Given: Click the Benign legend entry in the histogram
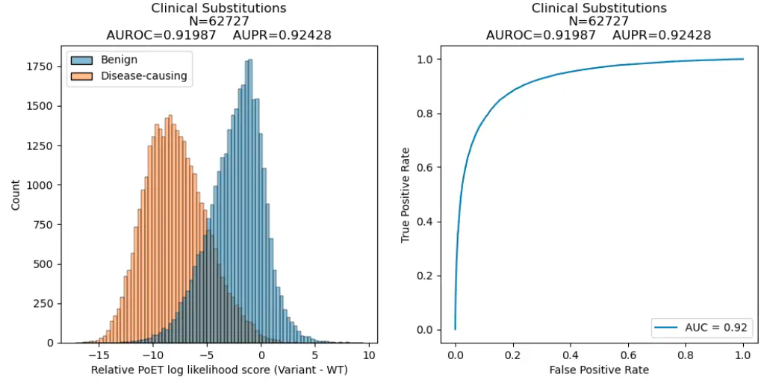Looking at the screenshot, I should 117,60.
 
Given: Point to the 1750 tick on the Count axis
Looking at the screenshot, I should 45,67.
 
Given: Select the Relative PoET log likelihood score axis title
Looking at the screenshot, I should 220,370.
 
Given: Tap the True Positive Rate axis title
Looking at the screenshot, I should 406,193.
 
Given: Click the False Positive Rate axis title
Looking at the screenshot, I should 598,370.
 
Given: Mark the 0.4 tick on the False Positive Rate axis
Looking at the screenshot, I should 570,355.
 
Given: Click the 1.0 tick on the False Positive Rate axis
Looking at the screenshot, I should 743,355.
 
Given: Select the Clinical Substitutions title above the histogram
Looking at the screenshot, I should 220,8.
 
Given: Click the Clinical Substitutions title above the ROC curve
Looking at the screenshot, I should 598,8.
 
